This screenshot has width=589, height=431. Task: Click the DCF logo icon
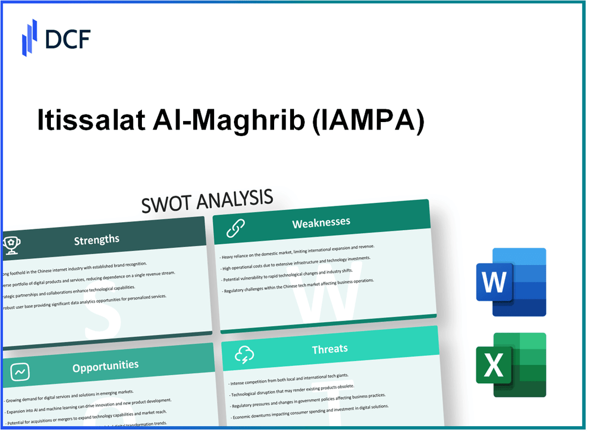click(29, 37)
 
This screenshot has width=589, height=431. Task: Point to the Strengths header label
click(96, 239)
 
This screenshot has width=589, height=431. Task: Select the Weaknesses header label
click(321, 223)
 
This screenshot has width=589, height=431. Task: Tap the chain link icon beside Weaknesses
click(235, 228)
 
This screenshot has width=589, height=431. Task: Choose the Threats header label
click(329, 349)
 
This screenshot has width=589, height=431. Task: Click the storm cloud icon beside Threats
click(244, 354)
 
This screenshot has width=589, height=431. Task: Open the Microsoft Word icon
click(511, 282)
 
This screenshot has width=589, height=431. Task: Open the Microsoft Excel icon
click(511, 365)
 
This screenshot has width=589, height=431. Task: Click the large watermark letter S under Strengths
click(102, 316)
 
